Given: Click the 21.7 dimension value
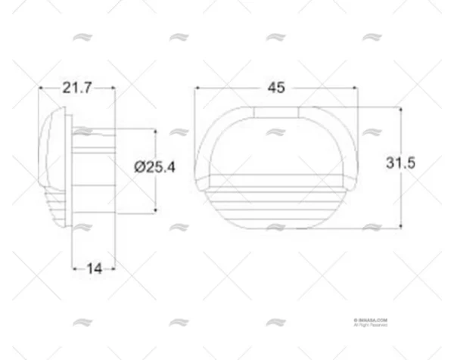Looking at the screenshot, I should (77, 88).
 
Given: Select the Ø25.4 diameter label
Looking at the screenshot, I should (154, 168).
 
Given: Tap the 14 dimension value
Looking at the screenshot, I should (94, 268).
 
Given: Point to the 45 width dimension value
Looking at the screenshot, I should (276, 88).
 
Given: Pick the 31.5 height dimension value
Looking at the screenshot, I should (401, 163).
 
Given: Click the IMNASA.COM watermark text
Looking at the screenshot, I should (370, 320).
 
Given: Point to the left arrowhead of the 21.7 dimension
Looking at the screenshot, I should (42, 88).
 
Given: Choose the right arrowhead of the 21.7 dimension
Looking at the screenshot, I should (113, 88).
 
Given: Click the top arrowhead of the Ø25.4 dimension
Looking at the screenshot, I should (155, 132).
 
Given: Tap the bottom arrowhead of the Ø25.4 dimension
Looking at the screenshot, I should (155, 209).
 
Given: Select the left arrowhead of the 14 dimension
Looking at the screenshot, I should (75, 268).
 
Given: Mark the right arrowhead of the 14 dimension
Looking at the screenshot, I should (113, 268).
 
